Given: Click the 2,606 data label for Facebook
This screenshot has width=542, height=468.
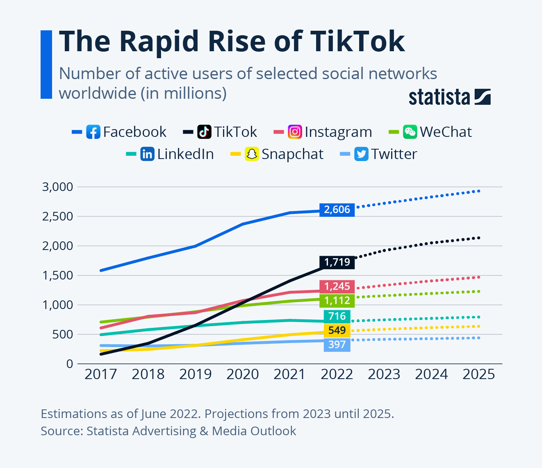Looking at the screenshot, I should point(337,210).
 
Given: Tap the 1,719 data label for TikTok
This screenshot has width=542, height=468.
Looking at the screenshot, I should point(337,262).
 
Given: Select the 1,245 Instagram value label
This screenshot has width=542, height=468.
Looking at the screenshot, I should point(337,286).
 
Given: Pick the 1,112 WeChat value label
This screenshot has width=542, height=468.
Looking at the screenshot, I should point(337,300).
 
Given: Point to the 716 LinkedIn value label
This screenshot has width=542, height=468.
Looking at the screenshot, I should point(337,316).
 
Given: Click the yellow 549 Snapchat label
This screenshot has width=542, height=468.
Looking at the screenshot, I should point(337,330).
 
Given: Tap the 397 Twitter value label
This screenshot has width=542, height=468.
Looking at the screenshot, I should point(337,345).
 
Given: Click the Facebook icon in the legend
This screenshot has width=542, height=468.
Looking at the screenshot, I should point(93,132).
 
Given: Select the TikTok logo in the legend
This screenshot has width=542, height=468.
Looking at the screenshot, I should point(204,132).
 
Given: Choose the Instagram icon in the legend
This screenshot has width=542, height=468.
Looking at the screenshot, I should point(295,132).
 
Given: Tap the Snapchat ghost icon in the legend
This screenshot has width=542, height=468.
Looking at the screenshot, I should point(251,154).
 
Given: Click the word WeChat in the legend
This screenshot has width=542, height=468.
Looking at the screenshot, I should point(446,132).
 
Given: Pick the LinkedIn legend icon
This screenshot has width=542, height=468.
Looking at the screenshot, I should point(147,154).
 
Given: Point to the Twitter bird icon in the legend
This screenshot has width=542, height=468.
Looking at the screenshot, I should point(361,154).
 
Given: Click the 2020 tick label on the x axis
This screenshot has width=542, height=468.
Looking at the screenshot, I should point(243,374).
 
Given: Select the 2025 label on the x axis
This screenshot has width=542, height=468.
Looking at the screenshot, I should point(478,374).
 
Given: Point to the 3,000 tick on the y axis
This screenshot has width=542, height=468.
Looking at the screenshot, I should point(57,187).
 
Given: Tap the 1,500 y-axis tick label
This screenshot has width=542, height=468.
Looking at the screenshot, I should point(57,275).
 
